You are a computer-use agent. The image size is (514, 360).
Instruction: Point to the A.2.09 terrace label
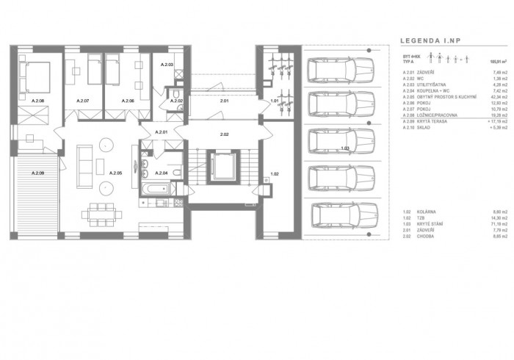(x=38, y=173)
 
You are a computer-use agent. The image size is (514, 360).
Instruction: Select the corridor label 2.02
(x=225, y=135)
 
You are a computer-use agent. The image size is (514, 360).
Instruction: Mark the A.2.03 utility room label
(x=167, y=65)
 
